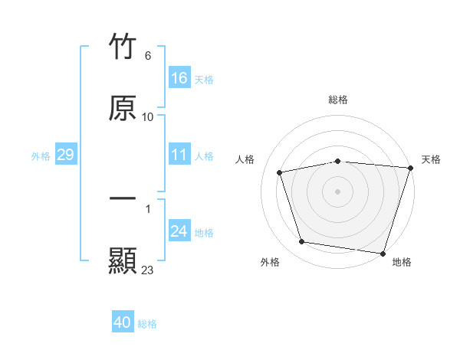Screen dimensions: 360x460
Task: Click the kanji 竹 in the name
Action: (x=123, y=47)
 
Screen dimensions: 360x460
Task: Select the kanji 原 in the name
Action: (x=123, y=108)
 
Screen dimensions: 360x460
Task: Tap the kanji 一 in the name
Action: (x=123, y=198)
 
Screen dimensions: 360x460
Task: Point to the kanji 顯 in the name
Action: (x=123, y=260)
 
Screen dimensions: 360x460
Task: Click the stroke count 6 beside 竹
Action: (x=148, y=56)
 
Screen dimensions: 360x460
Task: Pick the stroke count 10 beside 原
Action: (x=148, y=117)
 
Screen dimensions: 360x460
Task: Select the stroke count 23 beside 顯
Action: (x=148, y=270)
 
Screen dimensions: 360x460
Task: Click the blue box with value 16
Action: (x=179, y=78)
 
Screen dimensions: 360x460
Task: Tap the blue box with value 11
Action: (x=179, y=155)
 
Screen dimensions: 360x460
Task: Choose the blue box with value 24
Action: (x=179, y=231)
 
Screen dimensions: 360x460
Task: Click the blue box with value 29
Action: (x=65, y=155)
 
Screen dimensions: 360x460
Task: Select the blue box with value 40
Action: (x=123, y=322)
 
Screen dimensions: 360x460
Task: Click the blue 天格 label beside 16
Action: (x=204, y=79)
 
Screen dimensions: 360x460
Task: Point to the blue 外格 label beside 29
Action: (x=41, y=155)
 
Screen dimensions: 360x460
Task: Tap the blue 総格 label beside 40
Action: (x=147, y=323)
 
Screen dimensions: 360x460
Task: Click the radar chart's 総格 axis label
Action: (x=338, y=100)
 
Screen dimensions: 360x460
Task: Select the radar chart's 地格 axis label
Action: (x=402, y=262)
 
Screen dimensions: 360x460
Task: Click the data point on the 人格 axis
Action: (x=280, y=172)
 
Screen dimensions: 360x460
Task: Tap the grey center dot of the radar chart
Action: (x=338, y=191)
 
